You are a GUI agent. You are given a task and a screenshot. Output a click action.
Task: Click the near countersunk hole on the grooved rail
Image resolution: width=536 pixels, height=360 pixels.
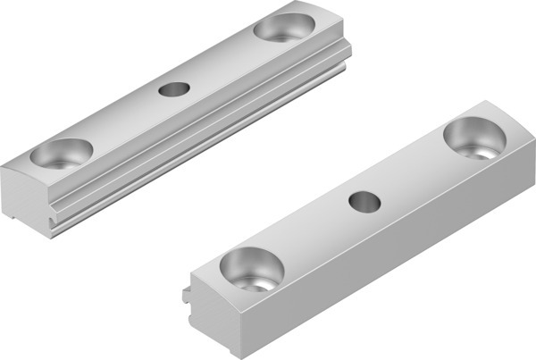pos(61,155)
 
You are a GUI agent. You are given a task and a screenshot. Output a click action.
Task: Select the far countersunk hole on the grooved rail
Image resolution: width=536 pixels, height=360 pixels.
pos(283,27)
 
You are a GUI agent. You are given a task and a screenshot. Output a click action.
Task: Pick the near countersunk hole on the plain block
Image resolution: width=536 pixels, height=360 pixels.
pos(251,269)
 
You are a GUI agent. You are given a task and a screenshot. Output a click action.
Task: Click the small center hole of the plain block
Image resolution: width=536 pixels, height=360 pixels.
pos(364,203)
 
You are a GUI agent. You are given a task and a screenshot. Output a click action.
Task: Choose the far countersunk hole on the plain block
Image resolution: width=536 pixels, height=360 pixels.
pos(474,138)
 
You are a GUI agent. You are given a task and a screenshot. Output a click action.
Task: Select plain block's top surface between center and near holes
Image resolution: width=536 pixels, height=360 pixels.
pos(308,237)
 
